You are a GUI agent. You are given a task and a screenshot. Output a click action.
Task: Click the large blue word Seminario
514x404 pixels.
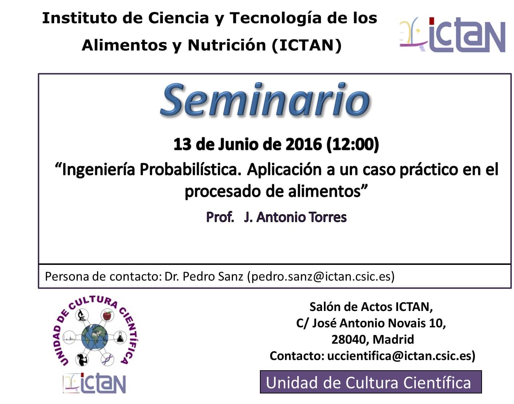tap(265, 100)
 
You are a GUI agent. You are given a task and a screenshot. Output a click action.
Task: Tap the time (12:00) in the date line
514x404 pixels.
tap(352, 145)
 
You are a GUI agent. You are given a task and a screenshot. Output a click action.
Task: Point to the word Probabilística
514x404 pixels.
tap(190, 170)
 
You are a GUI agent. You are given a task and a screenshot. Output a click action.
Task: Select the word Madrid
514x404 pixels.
tap(393, 339)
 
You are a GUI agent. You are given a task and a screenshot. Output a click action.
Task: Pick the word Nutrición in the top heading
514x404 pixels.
tap(226, 45)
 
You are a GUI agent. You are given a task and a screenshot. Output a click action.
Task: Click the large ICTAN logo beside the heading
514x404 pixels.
tap(452, 35)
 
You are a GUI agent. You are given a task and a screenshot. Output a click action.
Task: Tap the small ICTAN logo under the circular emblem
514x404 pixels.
tap(95, 383)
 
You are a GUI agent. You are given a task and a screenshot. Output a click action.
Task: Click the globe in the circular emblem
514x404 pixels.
tap(95, 337)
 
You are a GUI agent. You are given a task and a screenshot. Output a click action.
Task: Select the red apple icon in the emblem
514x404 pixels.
tap(107, 315)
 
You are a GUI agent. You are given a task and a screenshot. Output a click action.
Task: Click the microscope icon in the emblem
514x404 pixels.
tap(82, 315)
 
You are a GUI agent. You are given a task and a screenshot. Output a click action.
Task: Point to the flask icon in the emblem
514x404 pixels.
tap(120, 337)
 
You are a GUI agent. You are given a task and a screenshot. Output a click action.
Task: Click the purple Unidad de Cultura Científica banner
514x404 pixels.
tap(371, 382)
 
